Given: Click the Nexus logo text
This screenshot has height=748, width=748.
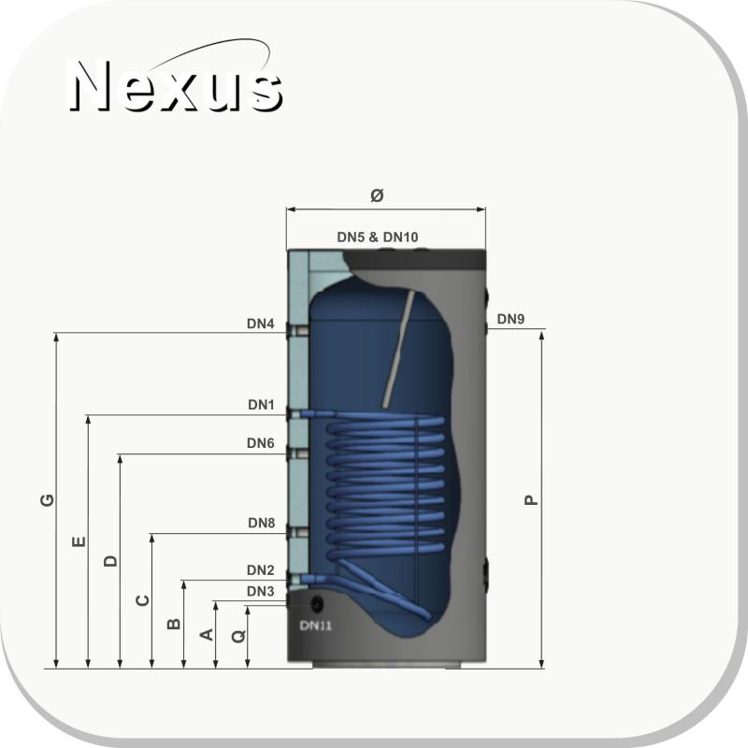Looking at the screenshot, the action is click(176, 86).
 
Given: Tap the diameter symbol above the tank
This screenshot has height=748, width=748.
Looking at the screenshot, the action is click(377, 194).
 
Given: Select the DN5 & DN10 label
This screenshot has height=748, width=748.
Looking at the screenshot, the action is click(378, 237).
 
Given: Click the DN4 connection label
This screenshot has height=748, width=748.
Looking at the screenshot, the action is click(261, 324).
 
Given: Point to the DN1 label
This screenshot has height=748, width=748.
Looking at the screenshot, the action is click(261, 405).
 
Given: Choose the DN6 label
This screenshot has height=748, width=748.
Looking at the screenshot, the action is click(261, 443).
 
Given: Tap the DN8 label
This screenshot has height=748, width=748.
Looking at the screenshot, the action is click(262, 523).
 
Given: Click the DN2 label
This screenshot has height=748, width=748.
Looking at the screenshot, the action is click(261, 570).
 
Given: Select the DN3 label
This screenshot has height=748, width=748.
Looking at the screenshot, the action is click(261, 592).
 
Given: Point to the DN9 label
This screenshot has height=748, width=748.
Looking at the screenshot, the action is click(511, 319).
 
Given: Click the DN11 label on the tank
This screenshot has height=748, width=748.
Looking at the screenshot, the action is click(315, 625).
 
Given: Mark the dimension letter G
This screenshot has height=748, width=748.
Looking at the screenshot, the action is click(47, 500).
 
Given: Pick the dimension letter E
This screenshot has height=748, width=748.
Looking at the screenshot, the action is click(79, 541).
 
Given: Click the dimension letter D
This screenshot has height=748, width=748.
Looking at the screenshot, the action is click(110, 560).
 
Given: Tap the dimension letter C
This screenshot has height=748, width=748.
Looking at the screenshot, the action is click(143, 599).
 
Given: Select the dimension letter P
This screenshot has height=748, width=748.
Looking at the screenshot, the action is click(530, 500).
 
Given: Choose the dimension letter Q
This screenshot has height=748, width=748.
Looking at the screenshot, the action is click(238, 636).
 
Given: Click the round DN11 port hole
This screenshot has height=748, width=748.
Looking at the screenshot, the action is click(317, 604).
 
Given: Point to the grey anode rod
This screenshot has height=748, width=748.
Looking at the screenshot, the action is click(397, 349).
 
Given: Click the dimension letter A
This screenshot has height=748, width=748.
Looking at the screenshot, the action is click(206, 635).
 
